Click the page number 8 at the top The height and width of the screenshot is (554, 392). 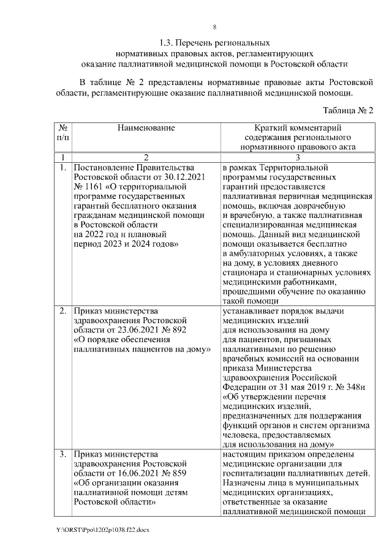tap(214, 26)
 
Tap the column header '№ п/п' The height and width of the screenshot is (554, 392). tap(62, 133)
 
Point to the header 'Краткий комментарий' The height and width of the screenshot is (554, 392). tap(297, 128)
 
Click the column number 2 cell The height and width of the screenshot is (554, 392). tap(146, 157)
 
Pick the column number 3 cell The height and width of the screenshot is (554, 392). tap(297, 157)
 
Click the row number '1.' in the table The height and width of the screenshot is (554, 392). tap(63, 167)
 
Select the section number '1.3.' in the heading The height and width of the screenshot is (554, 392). tap(167, 43)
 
